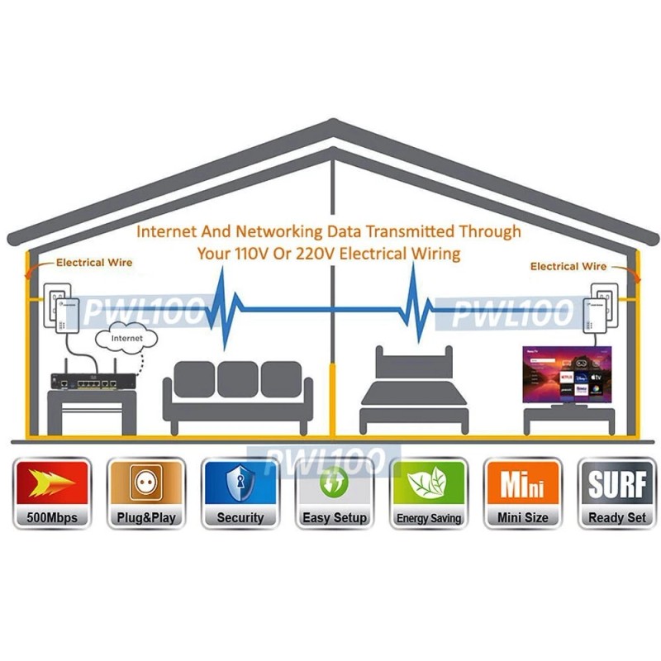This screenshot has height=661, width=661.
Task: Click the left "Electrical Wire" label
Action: (93, 263)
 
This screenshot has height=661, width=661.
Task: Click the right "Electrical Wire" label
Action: (568, 266)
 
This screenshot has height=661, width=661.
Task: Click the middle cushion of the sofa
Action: (237, 379)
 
